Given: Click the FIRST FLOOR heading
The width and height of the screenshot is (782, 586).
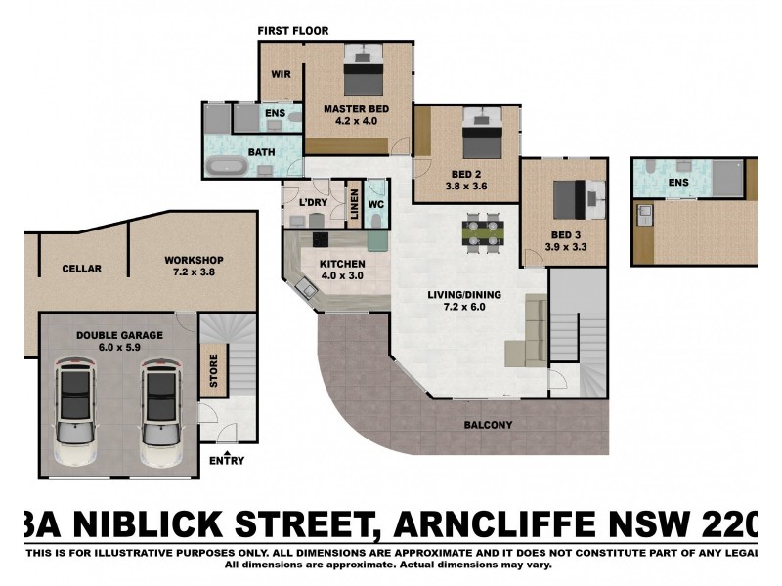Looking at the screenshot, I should (293, 31).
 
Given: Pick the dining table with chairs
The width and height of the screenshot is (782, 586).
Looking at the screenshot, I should (484, 234).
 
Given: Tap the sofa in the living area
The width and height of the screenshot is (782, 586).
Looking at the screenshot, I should (533, 331).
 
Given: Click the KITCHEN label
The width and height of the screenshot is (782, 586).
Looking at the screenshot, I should (342, 264).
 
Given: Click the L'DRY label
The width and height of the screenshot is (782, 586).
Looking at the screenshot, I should (313, 202).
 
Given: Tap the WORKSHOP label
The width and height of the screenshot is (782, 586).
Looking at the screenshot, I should (195, 259).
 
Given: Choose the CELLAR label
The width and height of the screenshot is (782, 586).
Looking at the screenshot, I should (81, 269).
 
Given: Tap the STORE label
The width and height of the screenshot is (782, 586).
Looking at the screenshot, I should (213, 369).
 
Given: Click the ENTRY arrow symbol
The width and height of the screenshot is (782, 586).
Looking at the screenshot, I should (227, 453).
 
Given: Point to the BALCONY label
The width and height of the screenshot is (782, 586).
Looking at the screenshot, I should (489, 425).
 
